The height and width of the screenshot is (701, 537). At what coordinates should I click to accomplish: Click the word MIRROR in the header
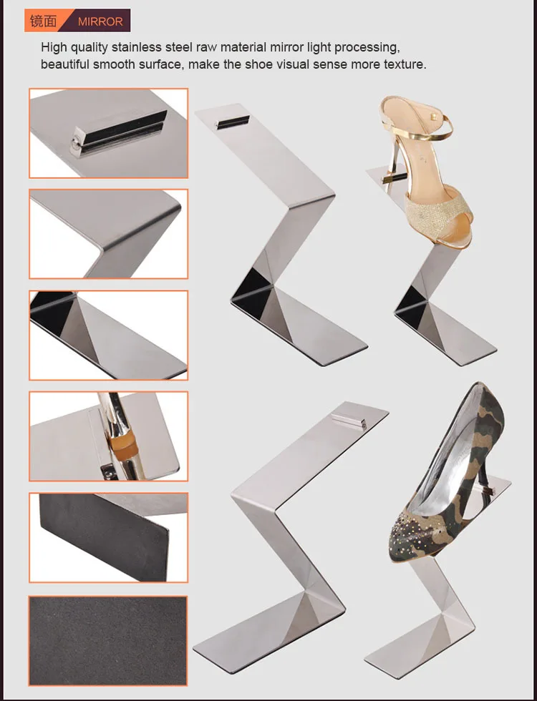(x=100, y=21)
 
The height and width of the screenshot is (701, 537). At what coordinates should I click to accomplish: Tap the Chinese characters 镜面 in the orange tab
(x=41, y=21)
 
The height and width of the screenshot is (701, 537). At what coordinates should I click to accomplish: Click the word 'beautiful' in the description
(x=64, y=64)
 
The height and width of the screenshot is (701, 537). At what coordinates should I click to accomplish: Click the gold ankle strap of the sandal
(x=422, y=129)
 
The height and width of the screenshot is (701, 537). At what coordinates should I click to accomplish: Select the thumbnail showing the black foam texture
(x=108, y=637)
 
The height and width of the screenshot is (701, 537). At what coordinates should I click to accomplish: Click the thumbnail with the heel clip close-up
(x=108, y=436)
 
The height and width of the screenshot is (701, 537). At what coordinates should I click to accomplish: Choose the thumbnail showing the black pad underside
(x=108, y=536)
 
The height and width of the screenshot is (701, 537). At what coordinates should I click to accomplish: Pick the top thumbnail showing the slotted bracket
(x=108, y=133)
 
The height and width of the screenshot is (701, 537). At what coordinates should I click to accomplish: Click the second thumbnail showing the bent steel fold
(x=108, y=234)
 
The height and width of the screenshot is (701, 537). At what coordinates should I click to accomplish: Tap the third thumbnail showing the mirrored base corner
(x=108, y=335)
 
